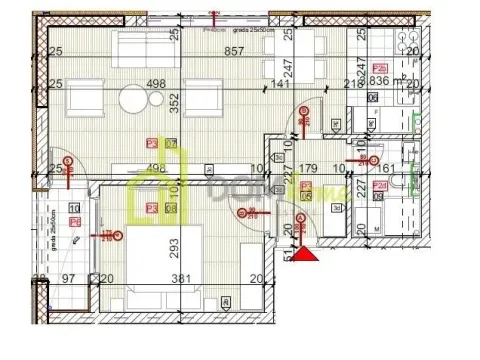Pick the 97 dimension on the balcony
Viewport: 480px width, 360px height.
70,280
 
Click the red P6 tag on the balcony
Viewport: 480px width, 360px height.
75,223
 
